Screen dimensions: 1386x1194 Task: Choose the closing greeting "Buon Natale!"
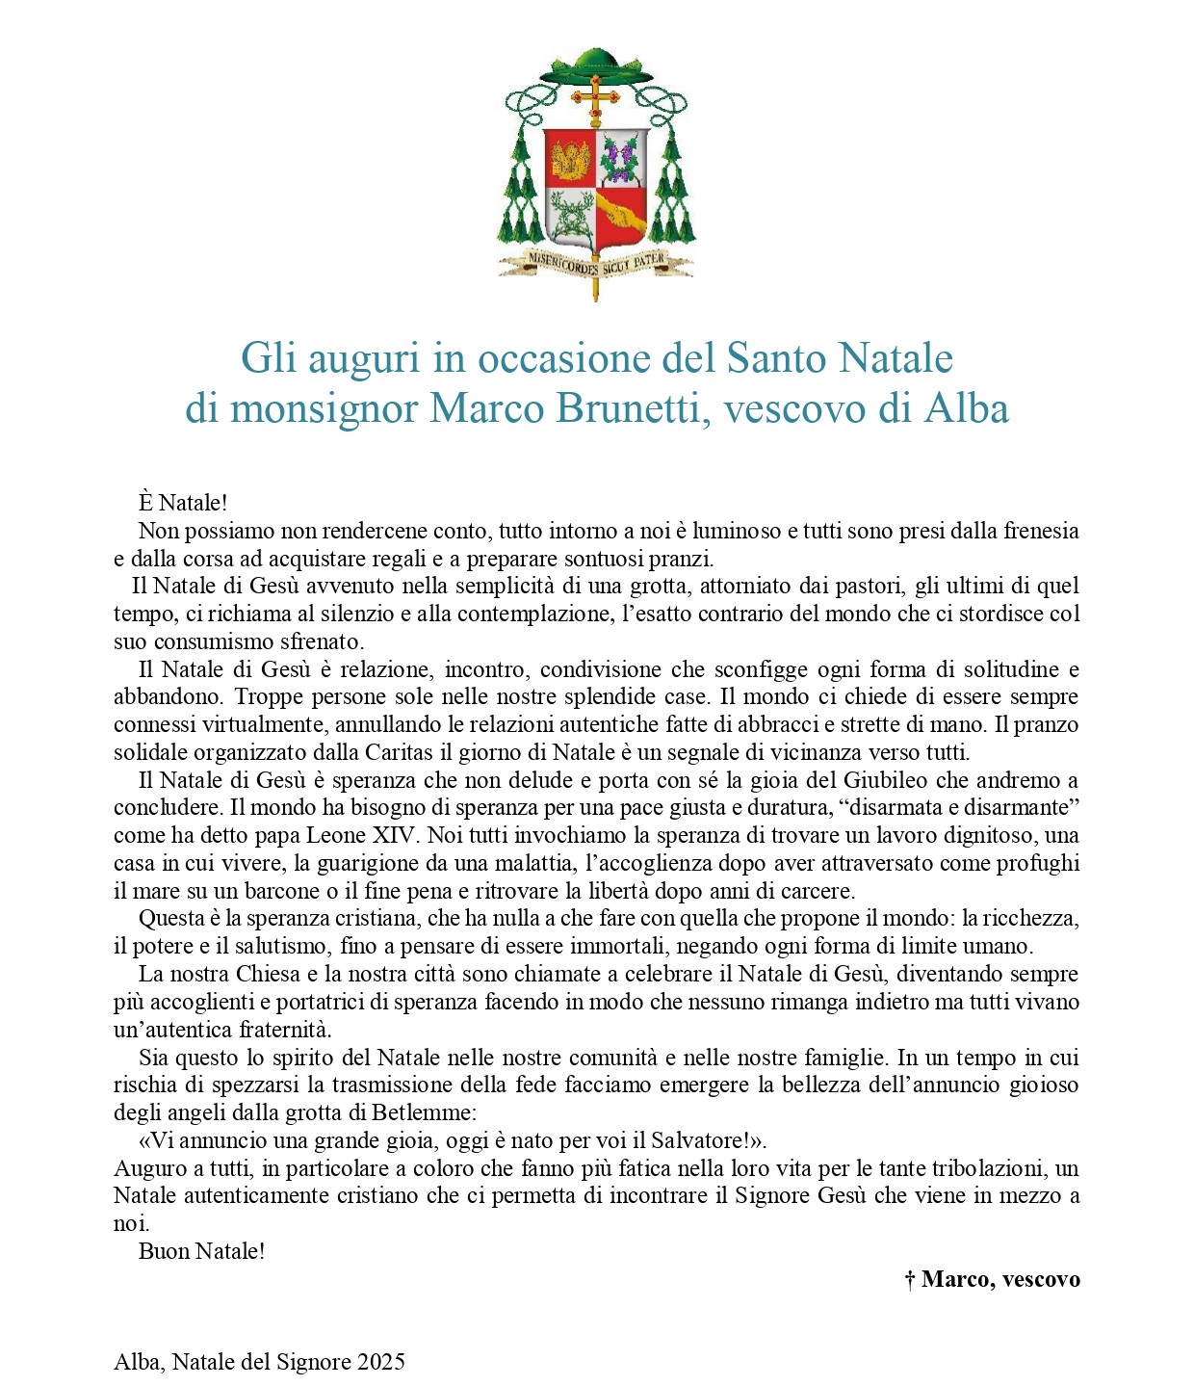coord(201,1252)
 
